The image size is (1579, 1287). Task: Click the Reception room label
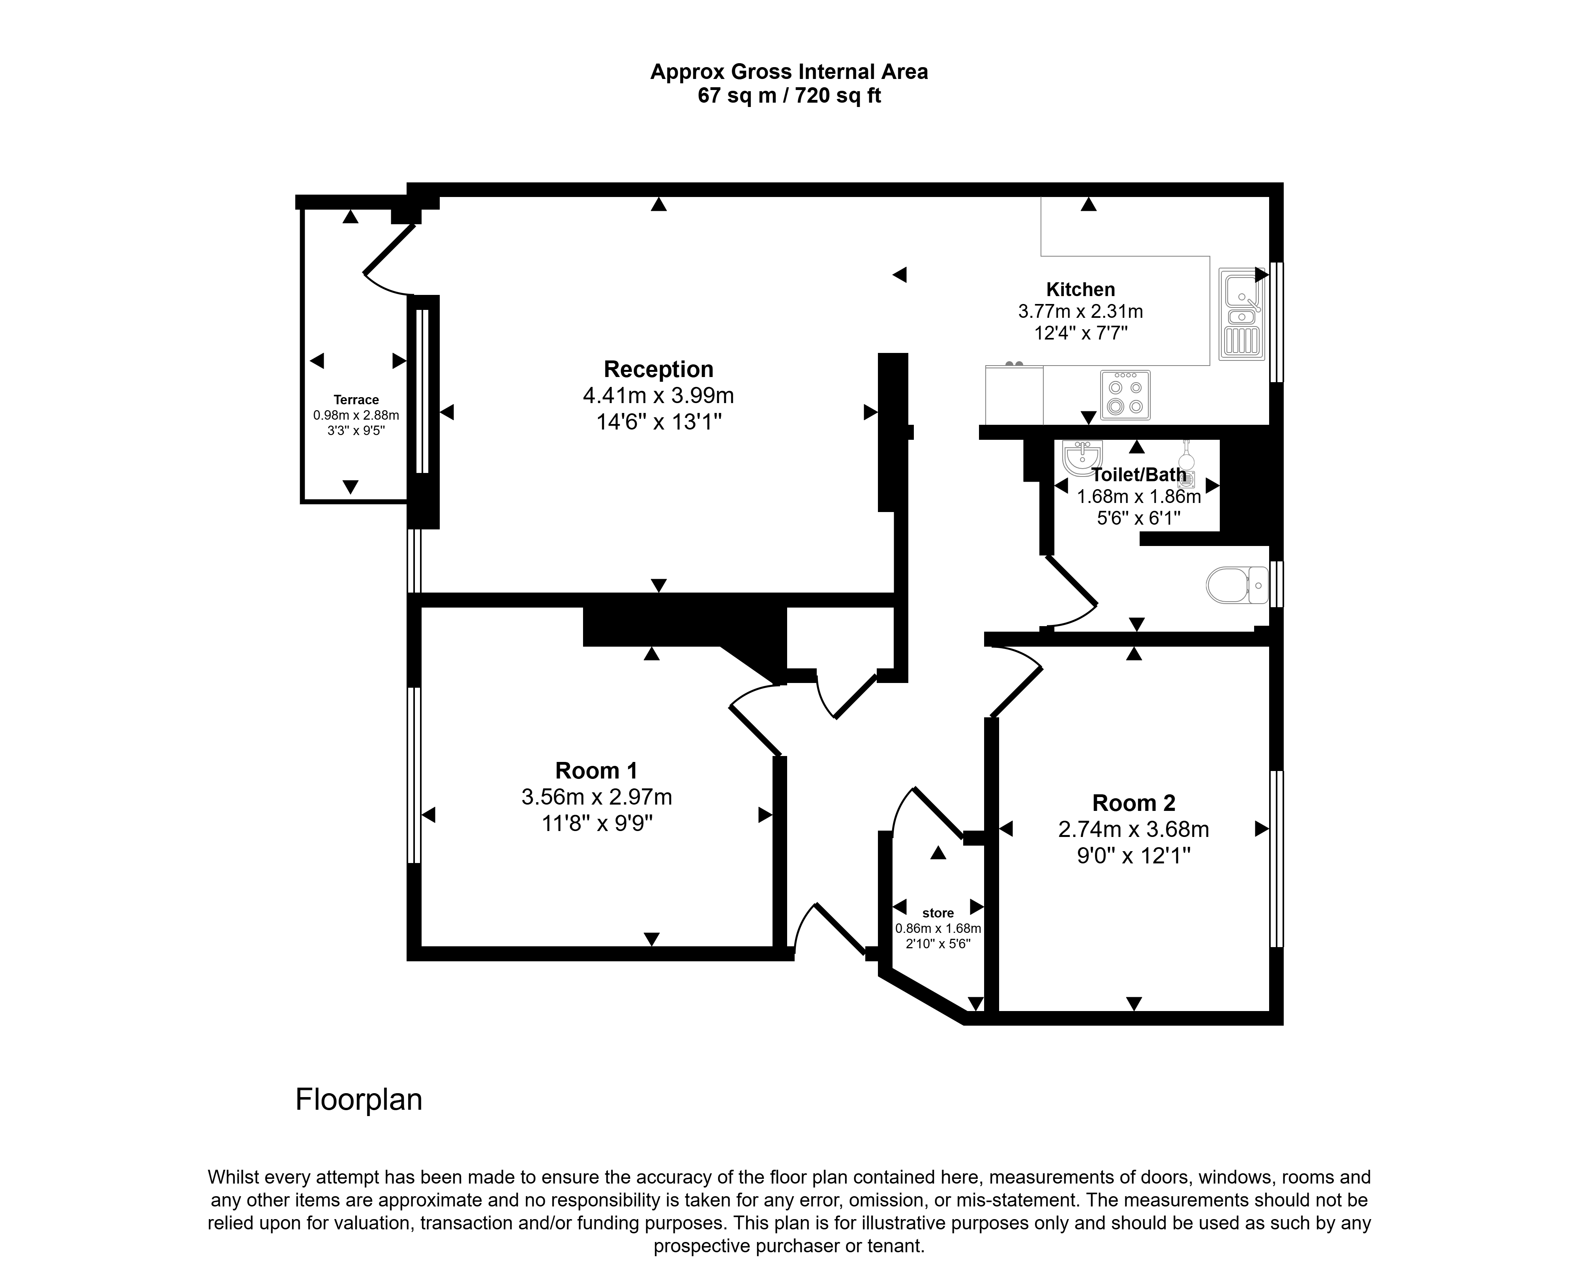[x=658, y=369]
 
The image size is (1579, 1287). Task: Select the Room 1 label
[x=596, y=771]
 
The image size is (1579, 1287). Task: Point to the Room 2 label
[x=1133, y=803]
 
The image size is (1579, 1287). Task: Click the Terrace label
[x=356, y=400]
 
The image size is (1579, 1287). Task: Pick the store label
[x=938, y=914]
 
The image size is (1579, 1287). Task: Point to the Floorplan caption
[x=359, y=1099]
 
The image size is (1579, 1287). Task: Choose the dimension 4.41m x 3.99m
[x=658, y=395]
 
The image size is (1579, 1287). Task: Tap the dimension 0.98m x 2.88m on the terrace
[x=356, y=415]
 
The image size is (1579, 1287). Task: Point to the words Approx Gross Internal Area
[x=789, y=72]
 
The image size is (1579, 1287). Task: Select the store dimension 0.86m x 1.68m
[x=938, y=928]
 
